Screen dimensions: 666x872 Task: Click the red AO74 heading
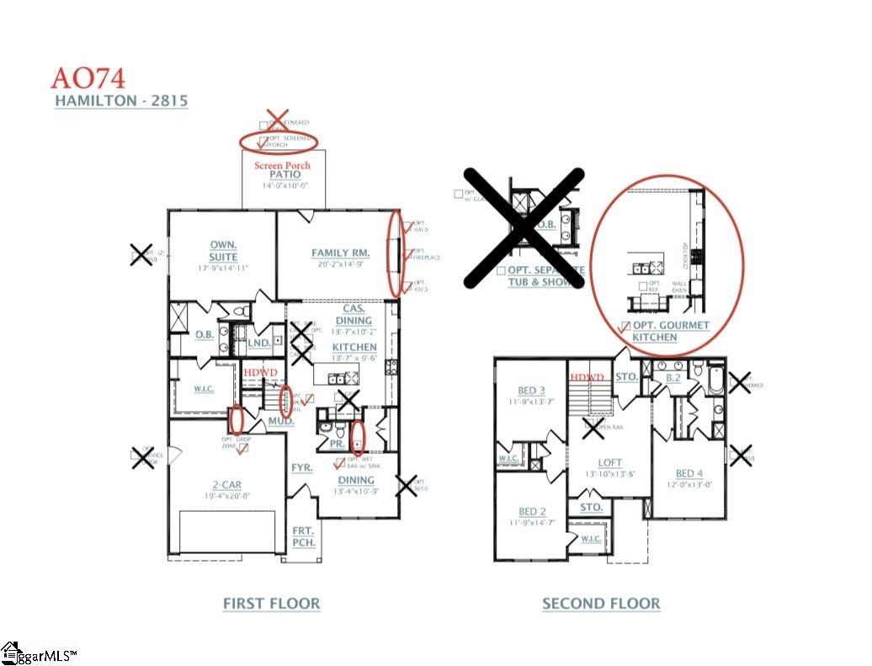[x=88, y=77]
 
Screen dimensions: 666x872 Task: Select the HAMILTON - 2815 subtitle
[x=120, y=101]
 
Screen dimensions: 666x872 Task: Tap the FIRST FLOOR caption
[x=271, y=604]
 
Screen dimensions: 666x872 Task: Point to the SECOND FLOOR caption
[x=601, y=604]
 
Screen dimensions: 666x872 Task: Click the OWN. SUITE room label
[x=223, y=251]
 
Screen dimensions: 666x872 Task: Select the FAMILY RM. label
[x=342, y=253]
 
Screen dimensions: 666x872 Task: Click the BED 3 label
[x=532, y=390]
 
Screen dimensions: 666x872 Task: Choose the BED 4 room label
[x=690, y=473]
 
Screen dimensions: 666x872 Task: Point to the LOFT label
[x=610, y=462]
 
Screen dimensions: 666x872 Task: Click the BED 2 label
[x=532, y=512]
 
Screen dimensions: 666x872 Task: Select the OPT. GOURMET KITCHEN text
[x=665, y=331]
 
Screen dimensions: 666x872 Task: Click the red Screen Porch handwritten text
[x=282, y=166]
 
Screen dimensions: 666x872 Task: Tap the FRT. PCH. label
[x=303, y=536]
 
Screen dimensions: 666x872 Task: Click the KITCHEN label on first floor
[x=354, y=347]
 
